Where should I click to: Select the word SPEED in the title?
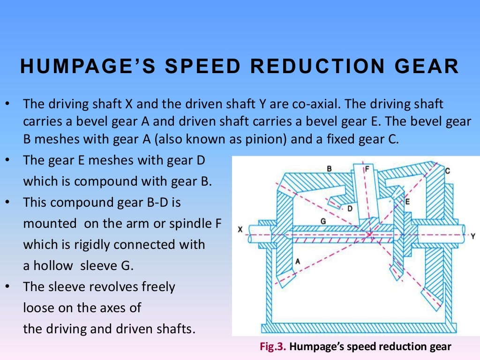200,66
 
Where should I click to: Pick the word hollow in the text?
53,266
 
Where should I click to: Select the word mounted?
49,224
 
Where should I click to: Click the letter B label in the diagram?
330,168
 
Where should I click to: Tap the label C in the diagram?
448,171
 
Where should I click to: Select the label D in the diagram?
350,209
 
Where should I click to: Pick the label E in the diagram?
407,202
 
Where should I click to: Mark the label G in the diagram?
323,220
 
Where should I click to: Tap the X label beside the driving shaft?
240,230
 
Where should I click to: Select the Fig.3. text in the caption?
273,347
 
